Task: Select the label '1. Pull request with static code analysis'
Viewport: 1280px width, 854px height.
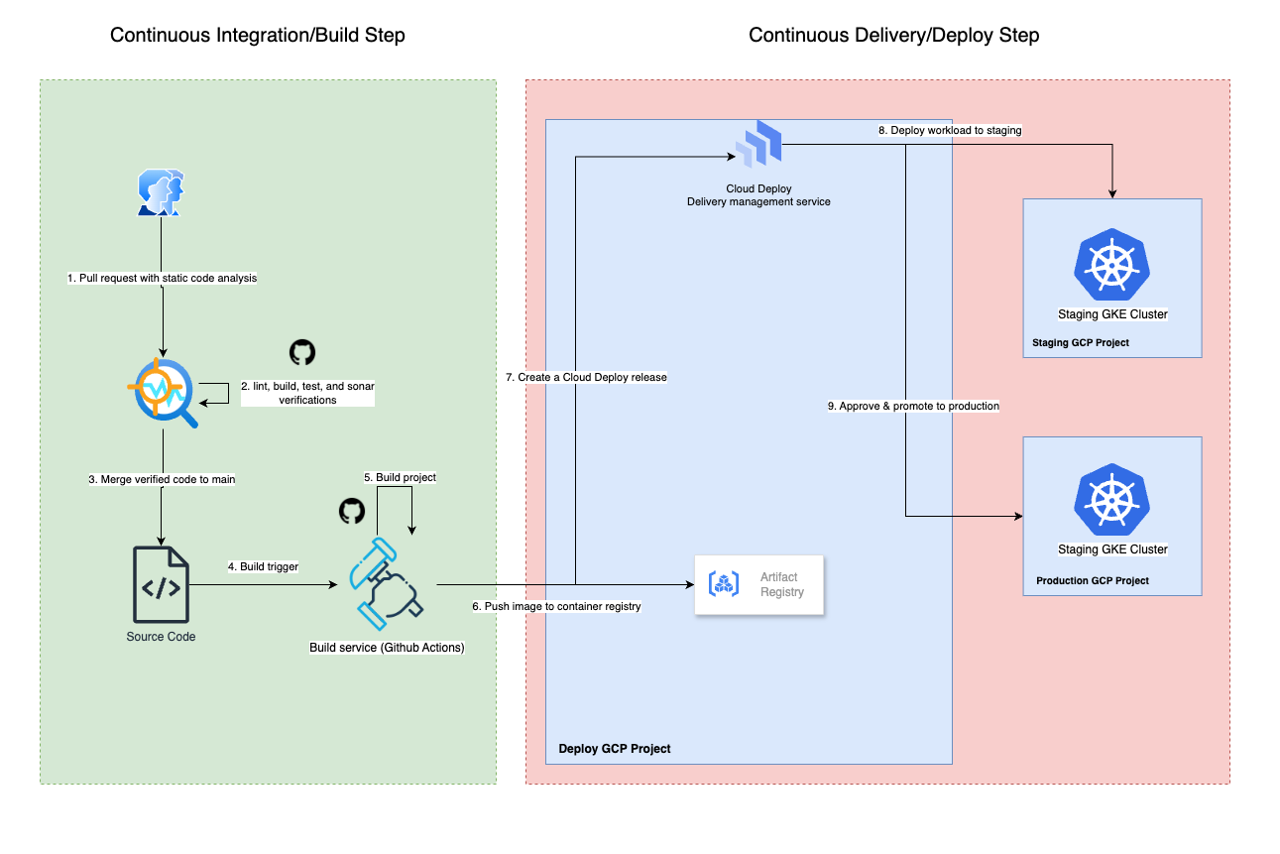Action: tap(162, 278)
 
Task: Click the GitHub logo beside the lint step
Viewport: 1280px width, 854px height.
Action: tap(301, 352)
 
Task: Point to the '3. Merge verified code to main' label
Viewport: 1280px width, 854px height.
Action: tap(162, 479)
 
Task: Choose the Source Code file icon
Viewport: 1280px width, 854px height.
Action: tap(160, 584)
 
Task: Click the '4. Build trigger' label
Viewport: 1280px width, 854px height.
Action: tap(263, 566)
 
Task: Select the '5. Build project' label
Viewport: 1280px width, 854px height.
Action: tap(400, 477)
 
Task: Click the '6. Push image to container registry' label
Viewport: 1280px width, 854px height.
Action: tap(556, 606)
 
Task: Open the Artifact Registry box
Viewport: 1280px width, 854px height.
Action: tap(759, 584)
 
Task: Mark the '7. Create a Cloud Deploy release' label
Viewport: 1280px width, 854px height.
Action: tap(585, 377)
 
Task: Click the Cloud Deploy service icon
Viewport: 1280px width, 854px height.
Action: tap(758, 143)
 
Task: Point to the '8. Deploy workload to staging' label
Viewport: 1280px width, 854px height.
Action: tap(950, 130)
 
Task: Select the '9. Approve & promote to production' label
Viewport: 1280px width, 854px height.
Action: tap(913, 406)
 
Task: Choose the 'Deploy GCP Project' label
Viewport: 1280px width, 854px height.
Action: tap(615, 749)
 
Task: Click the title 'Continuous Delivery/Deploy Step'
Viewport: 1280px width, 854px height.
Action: tap(893, 36)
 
